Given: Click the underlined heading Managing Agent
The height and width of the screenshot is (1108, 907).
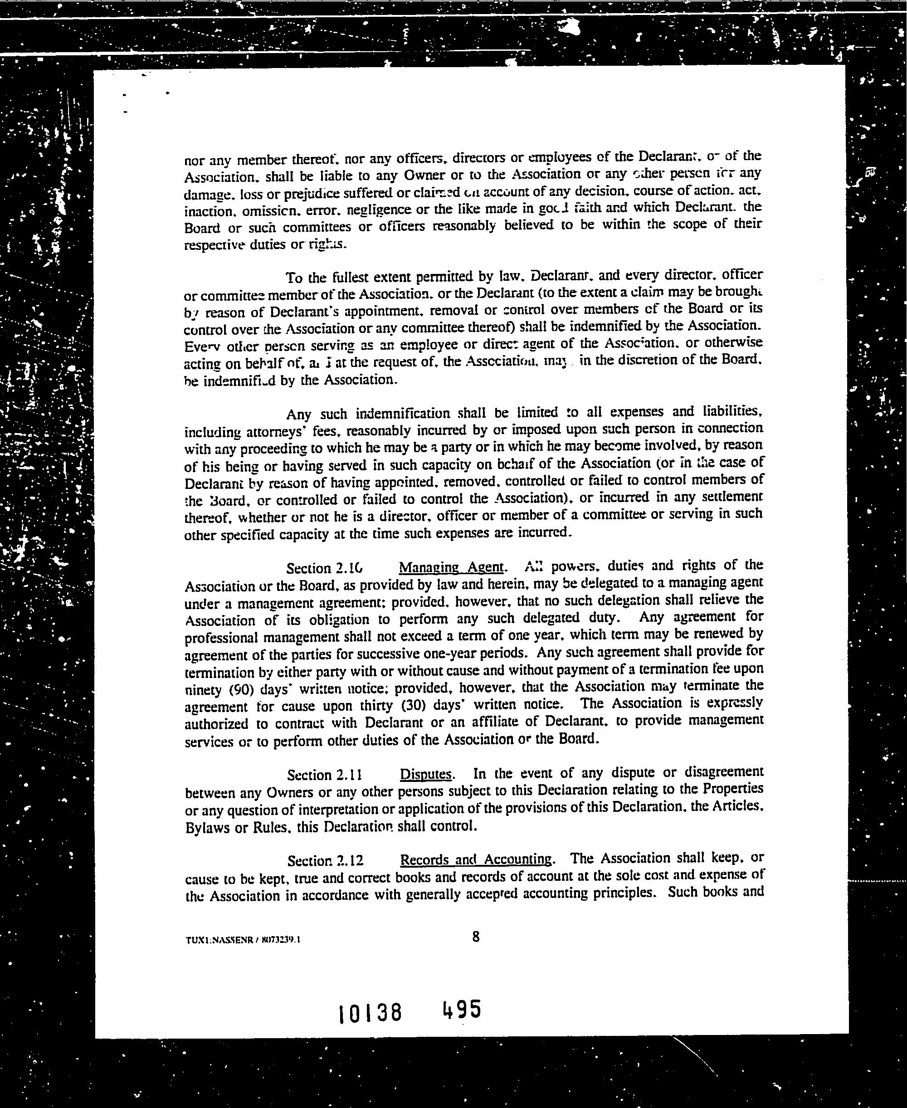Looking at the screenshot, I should pos(451,567).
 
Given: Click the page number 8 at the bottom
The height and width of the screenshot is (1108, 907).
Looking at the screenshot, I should pos(475,937).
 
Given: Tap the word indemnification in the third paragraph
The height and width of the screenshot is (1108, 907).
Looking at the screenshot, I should pos(403,414).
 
